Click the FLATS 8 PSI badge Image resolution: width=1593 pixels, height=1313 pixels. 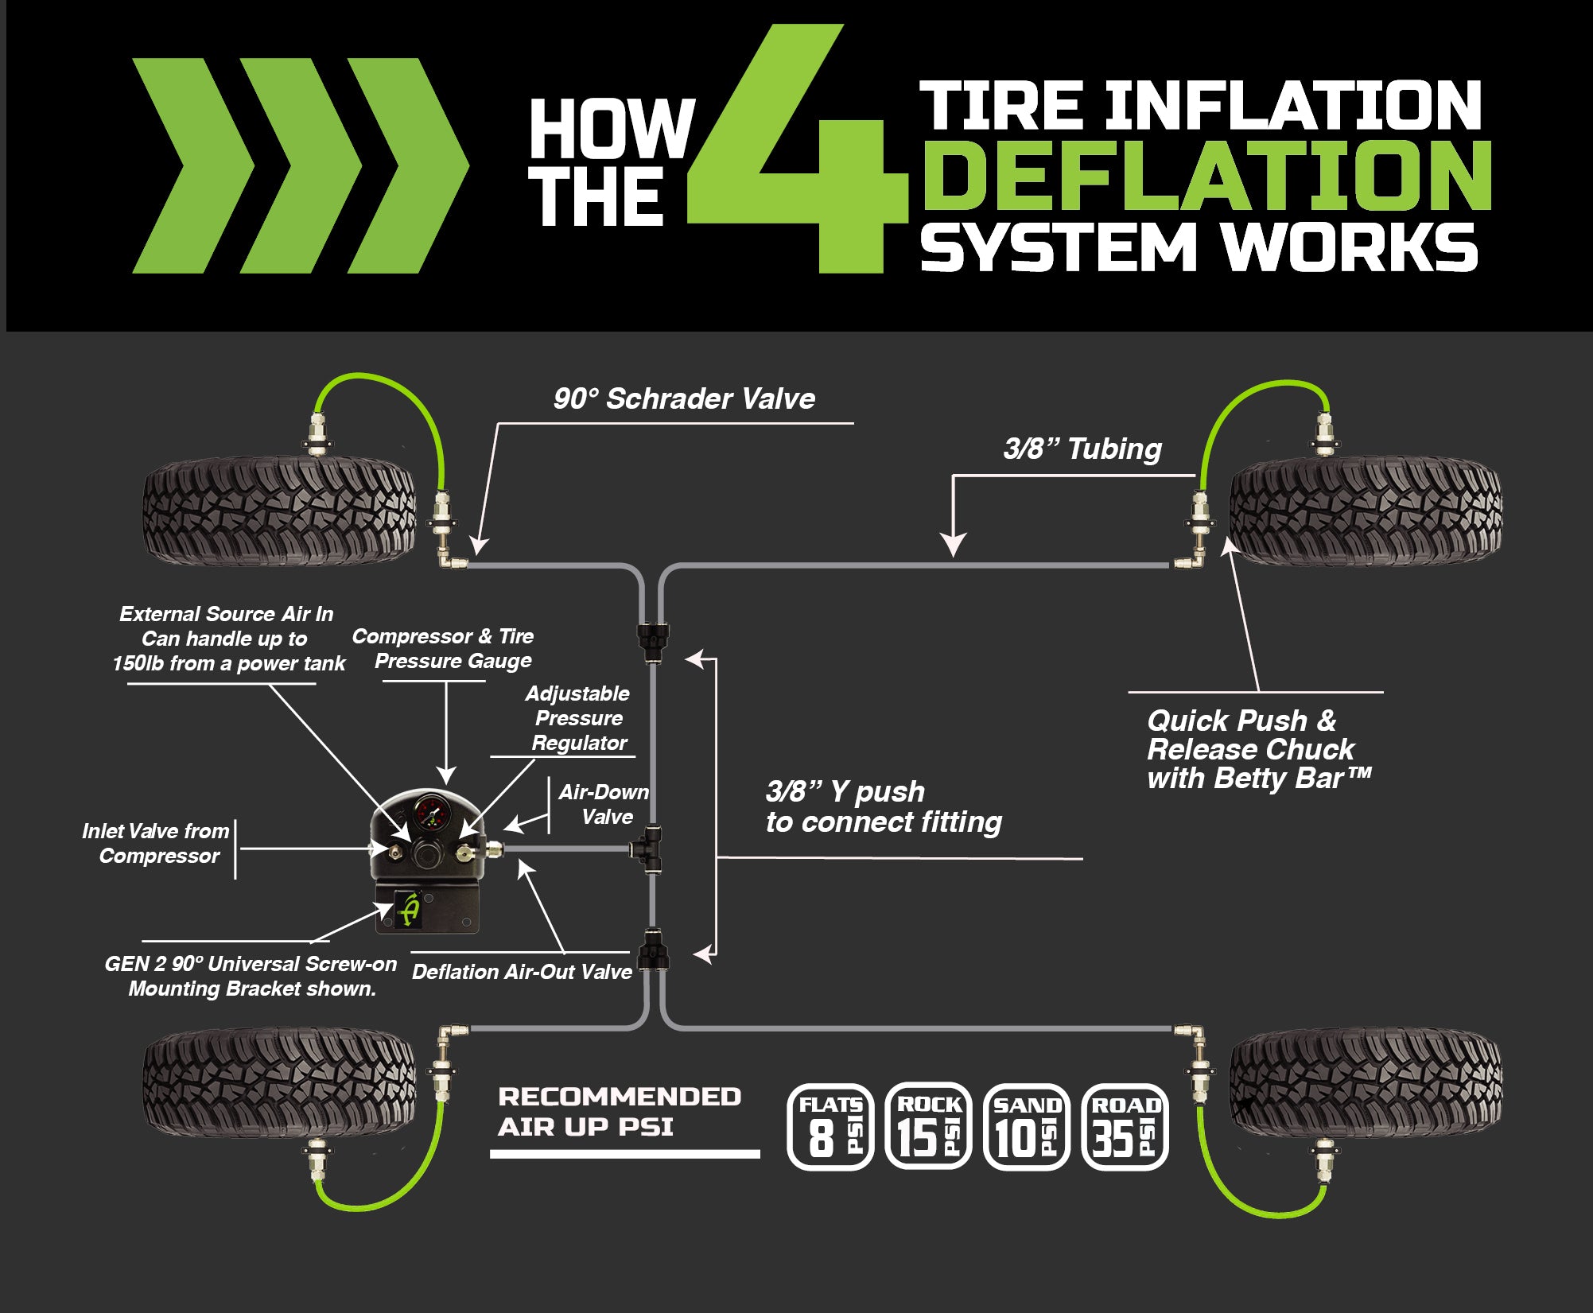click(830, 1127)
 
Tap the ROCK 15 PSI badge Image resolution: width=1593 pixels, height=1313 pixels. click(928, 1127)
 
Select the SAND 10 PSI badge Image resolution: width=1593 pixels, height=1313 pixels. click(1027, 1127)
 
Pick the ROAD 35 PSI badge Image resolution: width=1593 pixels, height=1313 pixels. click(1125, 1127)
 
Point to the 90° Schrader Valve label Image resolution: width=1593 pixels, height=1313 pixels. click(684, 398)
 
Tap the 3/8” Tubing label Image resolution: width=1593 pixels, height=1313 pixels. click(1082, 449)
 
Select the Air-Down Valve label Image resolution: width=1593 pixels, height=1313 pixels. click(604, 804)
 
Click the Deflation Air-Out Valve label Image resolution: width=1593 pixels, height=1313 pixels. click(522, 972)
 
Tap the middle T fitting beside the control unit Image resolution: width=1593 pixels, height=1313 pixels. click(647, 848)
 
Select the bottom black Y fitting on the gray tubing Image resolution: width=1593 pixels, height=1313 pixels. click(653, 951)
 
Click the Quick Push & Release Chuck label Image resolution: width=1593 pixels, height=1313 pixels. click(1257, 749)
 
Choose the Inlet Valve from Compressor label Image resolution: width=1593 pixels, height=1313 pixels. click(156, 843)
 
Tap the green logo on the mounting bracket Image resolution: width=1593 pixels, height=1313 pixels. click(410, 909)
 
